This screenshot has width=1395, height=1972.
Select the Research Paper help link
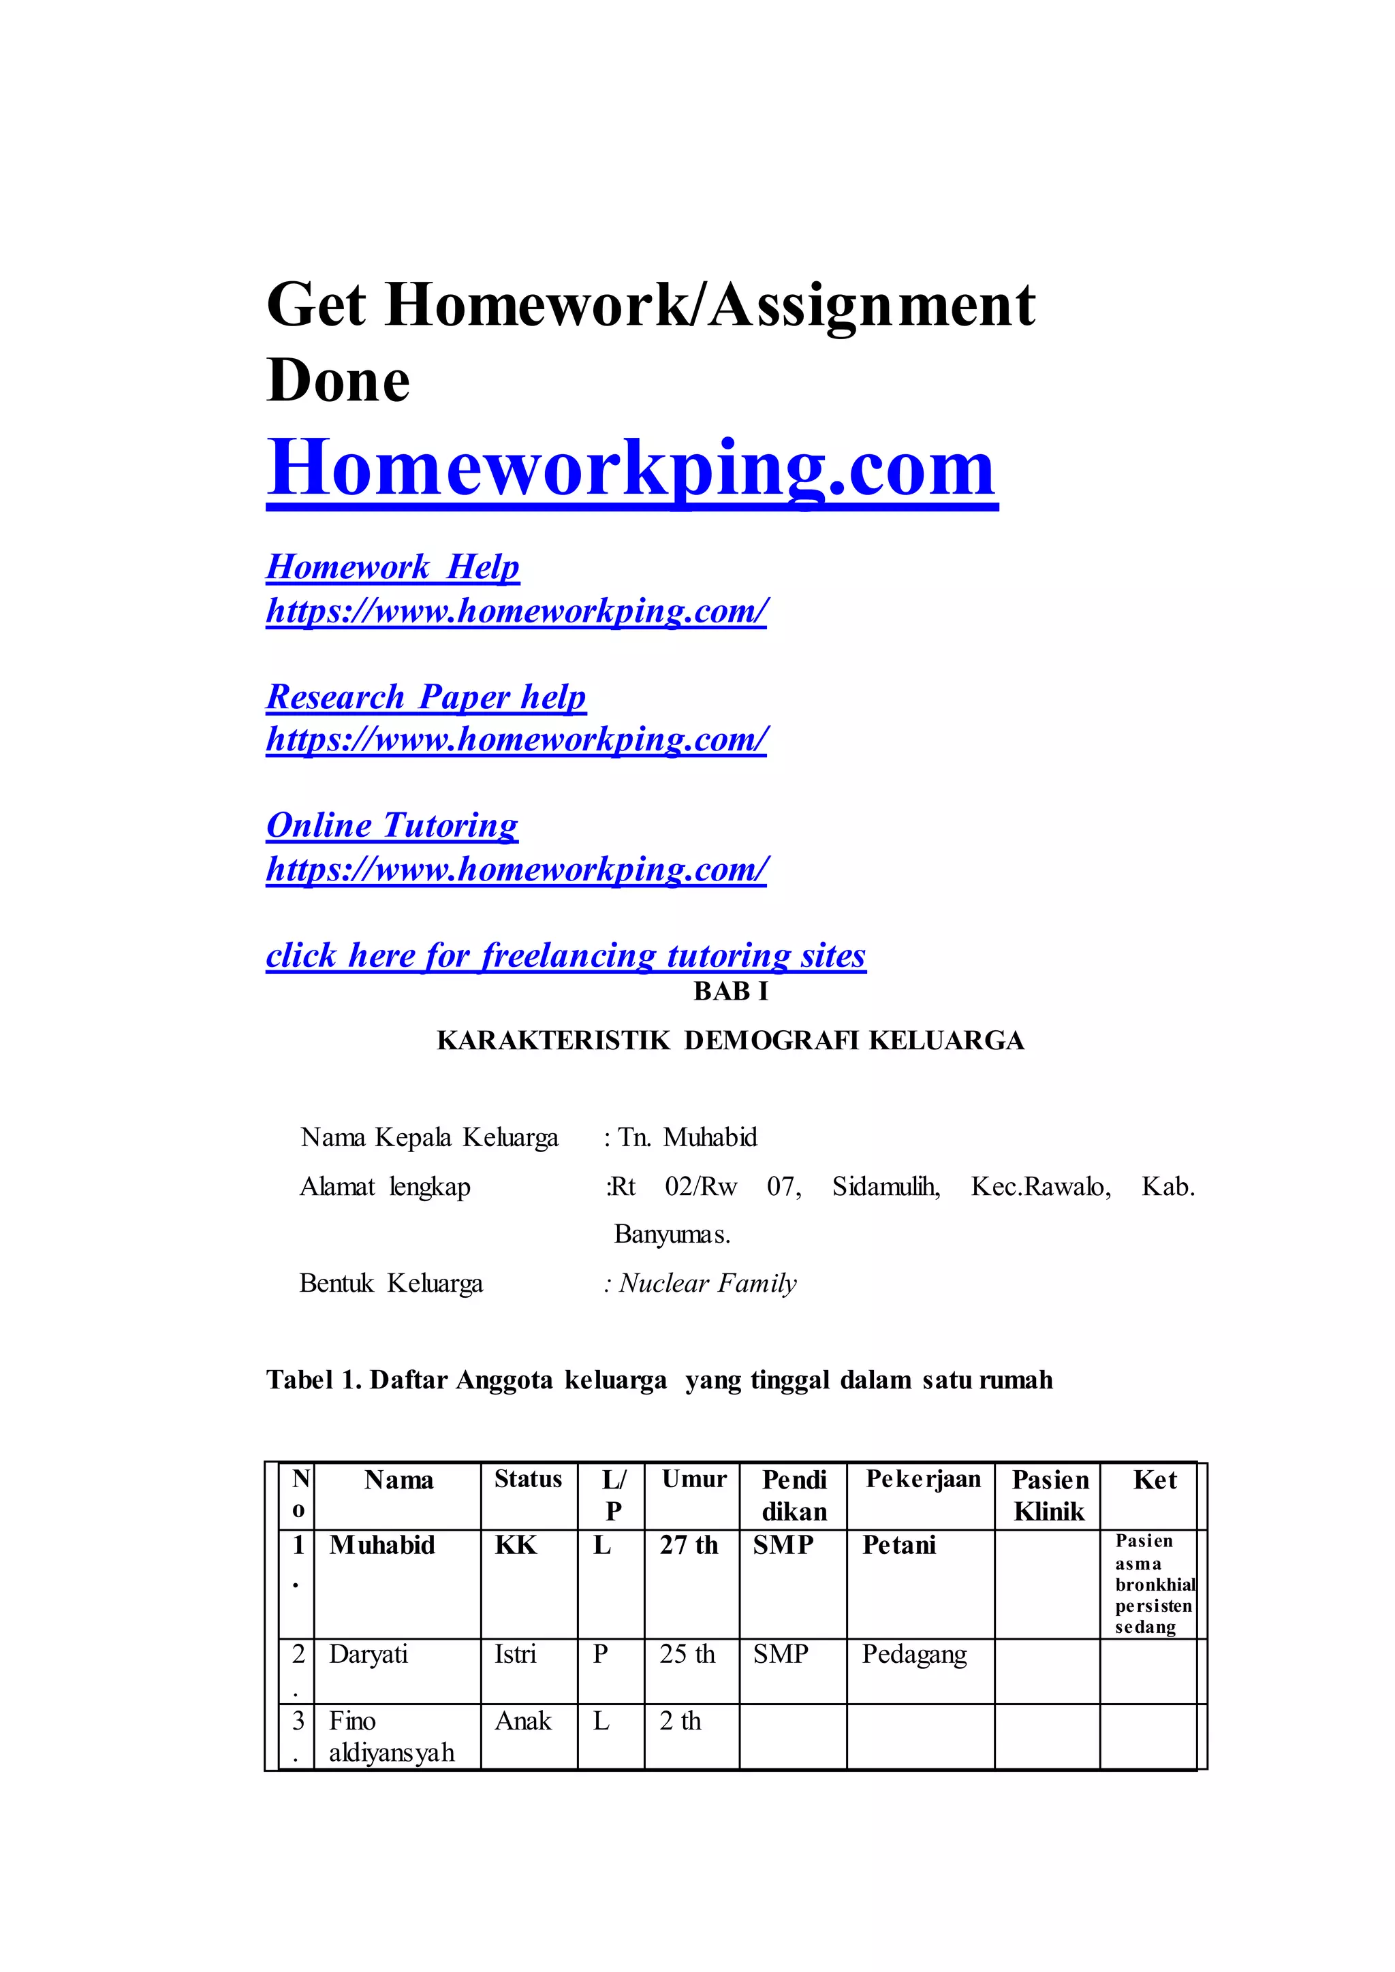426,697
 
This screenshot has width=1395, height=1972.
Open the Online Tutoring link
392,825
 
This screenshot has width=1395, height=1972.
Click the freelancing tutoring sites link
565,955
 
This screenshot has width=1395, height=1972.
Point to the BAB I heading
730,992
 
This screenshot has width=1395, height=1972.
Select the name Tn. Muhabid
687,1138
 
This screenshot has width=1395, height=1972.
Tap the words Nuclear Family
707,1284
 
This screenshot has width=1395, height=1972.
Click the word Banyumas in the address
672,1235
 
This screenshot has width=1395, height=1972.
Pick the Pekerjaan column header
922,1479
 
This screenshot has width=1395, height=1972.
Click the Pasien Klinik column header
1050,1495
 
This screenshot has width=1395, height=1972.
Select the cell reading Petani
898,1545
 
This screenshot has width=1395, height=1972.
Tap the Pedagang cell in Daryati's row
914,1654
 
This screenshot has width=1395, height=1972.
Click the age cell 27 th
688,1545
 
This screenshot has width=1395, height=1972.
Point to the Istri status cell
514,1654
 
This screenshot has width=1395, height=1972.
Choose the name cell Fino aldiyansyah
391,1736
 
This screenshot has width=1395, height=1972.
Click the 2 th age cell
680,1721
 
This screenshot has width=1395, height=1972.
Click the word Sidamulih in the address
885,1187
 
